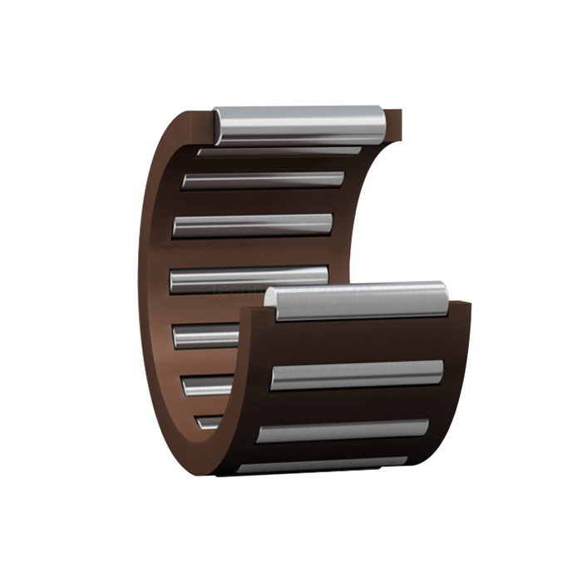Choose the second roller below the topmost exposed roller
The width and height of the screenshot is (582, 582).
pos(263,180)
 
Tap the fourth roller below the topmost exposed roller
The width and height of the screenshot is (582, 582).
pos(249,279)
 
